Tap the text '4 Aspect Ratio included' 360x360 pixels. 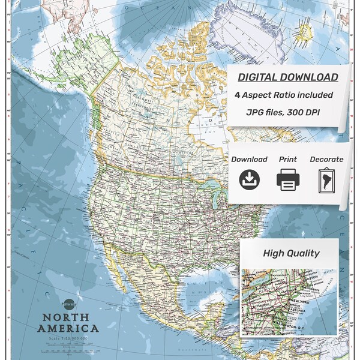click(284, 95)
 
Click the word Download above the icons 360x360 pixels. click(249, 159)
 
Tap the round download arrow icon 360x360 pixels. click(248, 180)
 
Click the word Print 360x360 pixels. click(288, 159)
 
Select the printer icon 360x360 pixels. click(288, 180)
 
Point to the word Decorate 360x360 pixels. click(326, 159)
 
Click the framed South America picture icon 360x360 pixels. click(326, 180)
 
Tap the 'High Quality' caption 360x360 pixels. click(291, 253)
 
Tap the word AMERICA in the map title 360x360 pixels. click(68, 329)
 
